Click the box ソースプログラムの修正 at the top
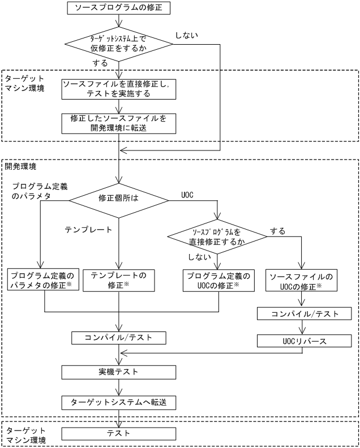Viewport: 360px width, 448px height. point(118,8)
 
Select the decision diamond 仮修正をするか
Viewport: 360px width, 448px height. point(118,44)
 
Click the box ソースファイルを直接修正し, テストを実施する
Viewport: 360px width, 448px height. point(118,89)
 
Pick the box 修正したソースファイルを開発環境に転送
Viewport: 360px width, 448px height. point(118,123)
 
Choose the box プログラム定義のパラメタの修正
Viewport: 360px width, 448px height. point(44,280)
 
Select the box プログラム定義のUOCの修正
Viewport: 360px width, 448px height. point(218,280)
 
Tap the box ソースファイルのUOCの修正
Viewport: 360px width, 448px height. point(301,280)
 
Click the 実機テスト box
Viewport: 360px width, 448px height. point(118,372)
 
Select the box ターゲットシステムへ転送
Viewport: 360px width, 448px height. point(118,402)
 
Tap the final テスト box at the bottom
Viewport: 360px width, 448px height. point(118,433)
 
